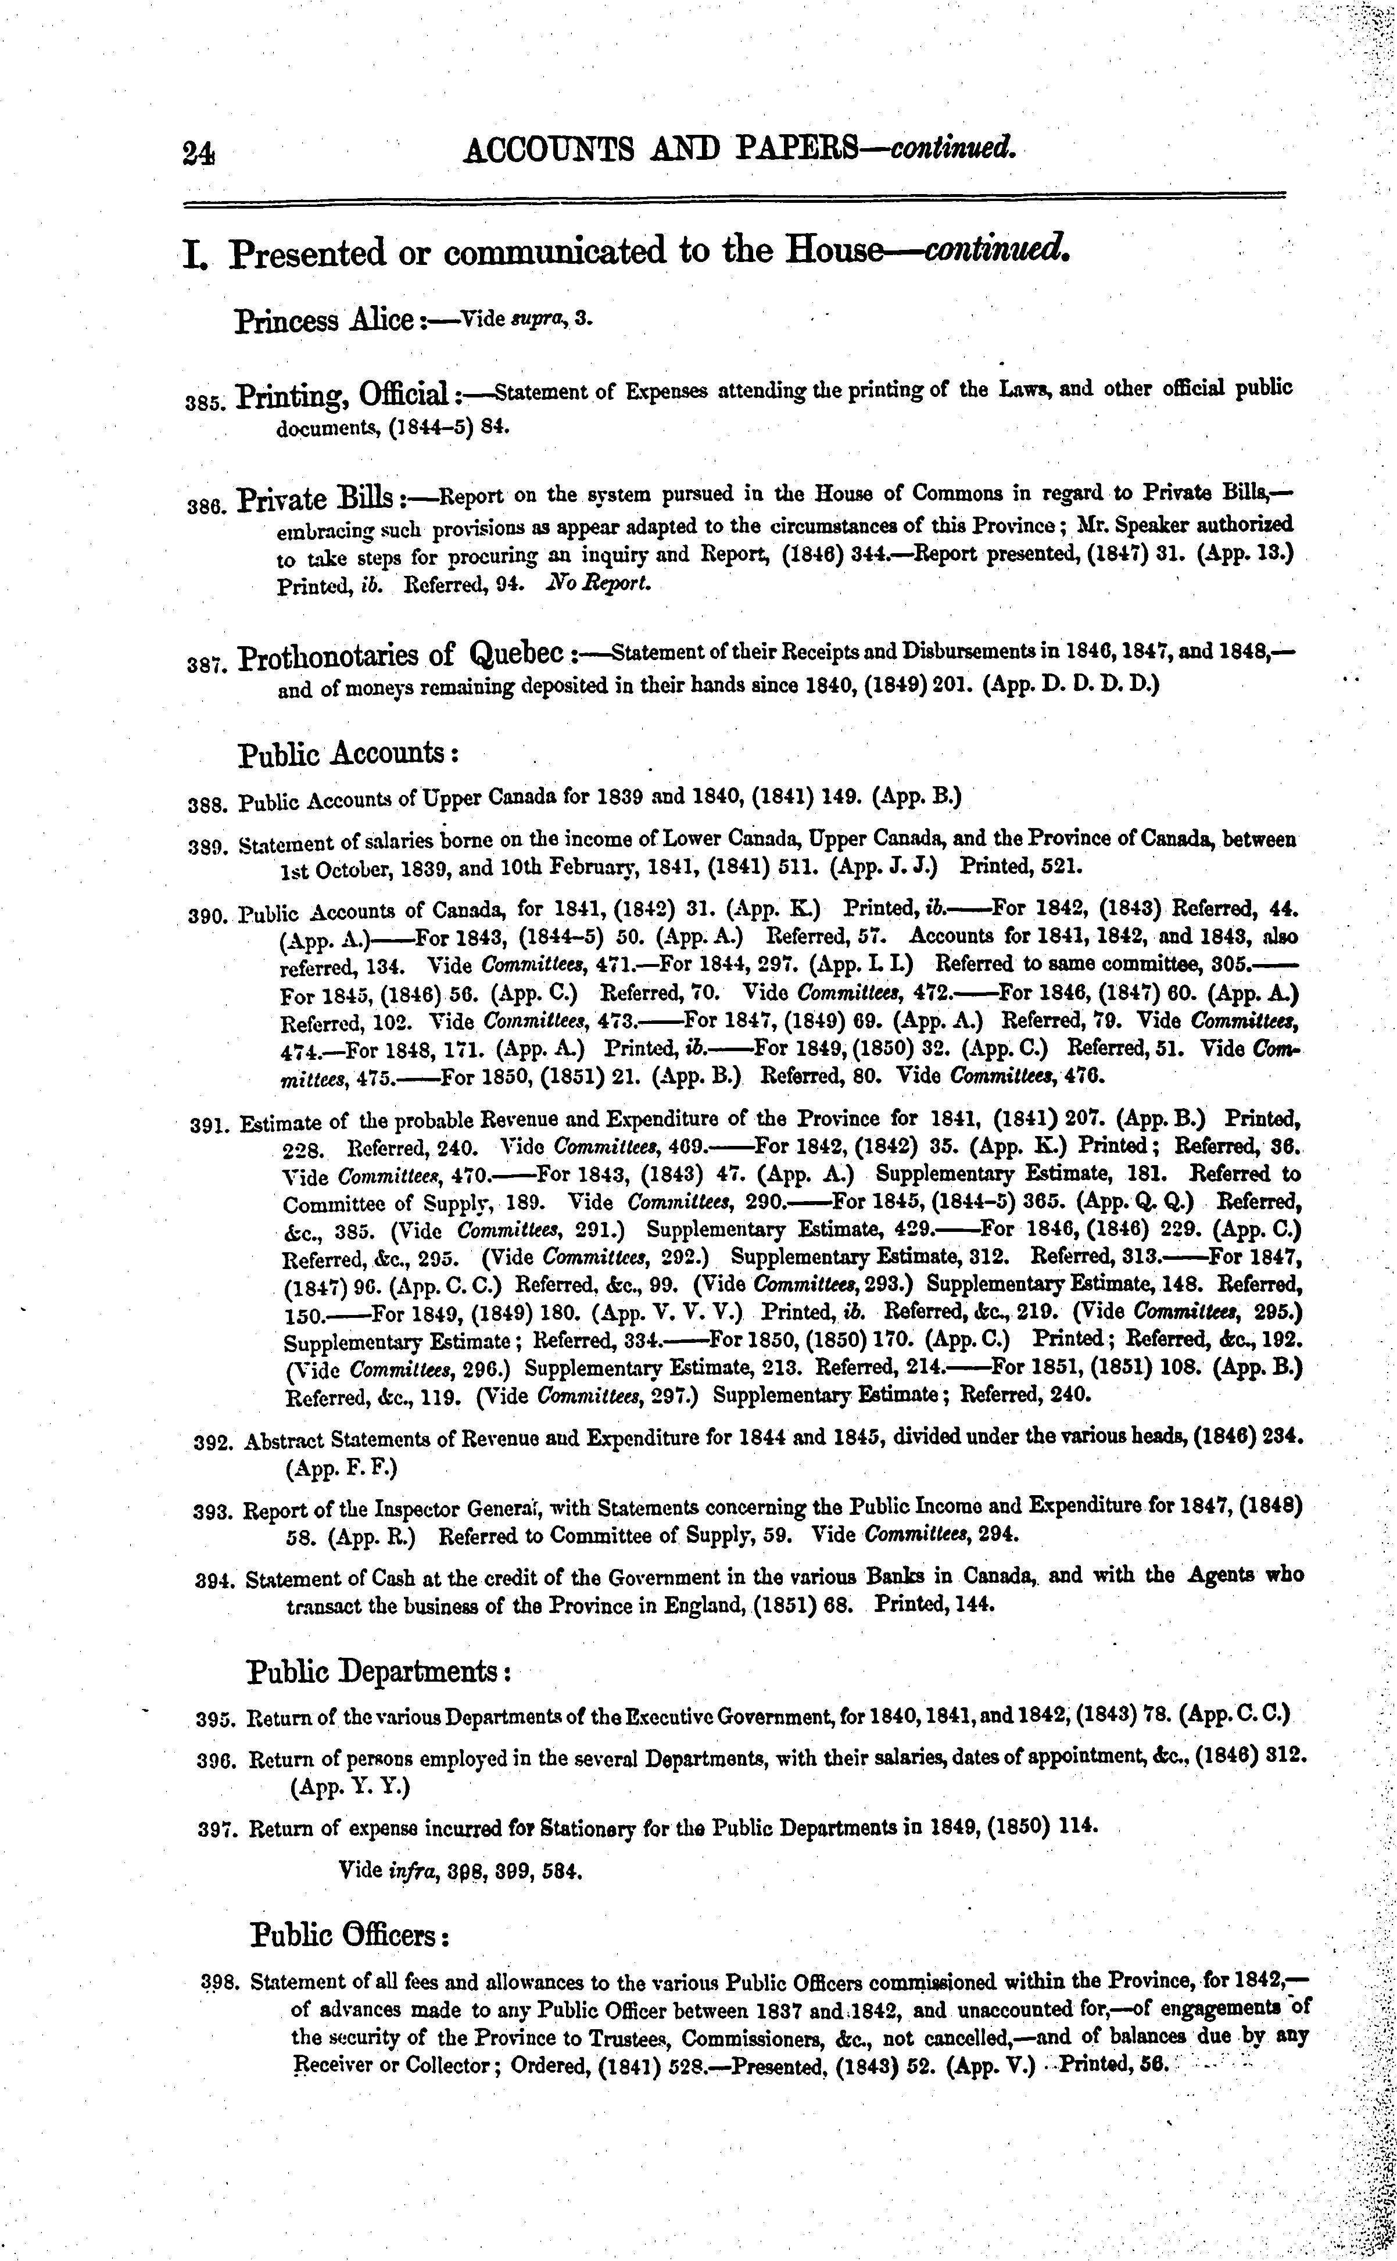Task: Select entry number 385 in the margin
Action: click(x=203, y=403)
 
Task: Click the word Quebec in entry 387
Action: click(x=517, y=656)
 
